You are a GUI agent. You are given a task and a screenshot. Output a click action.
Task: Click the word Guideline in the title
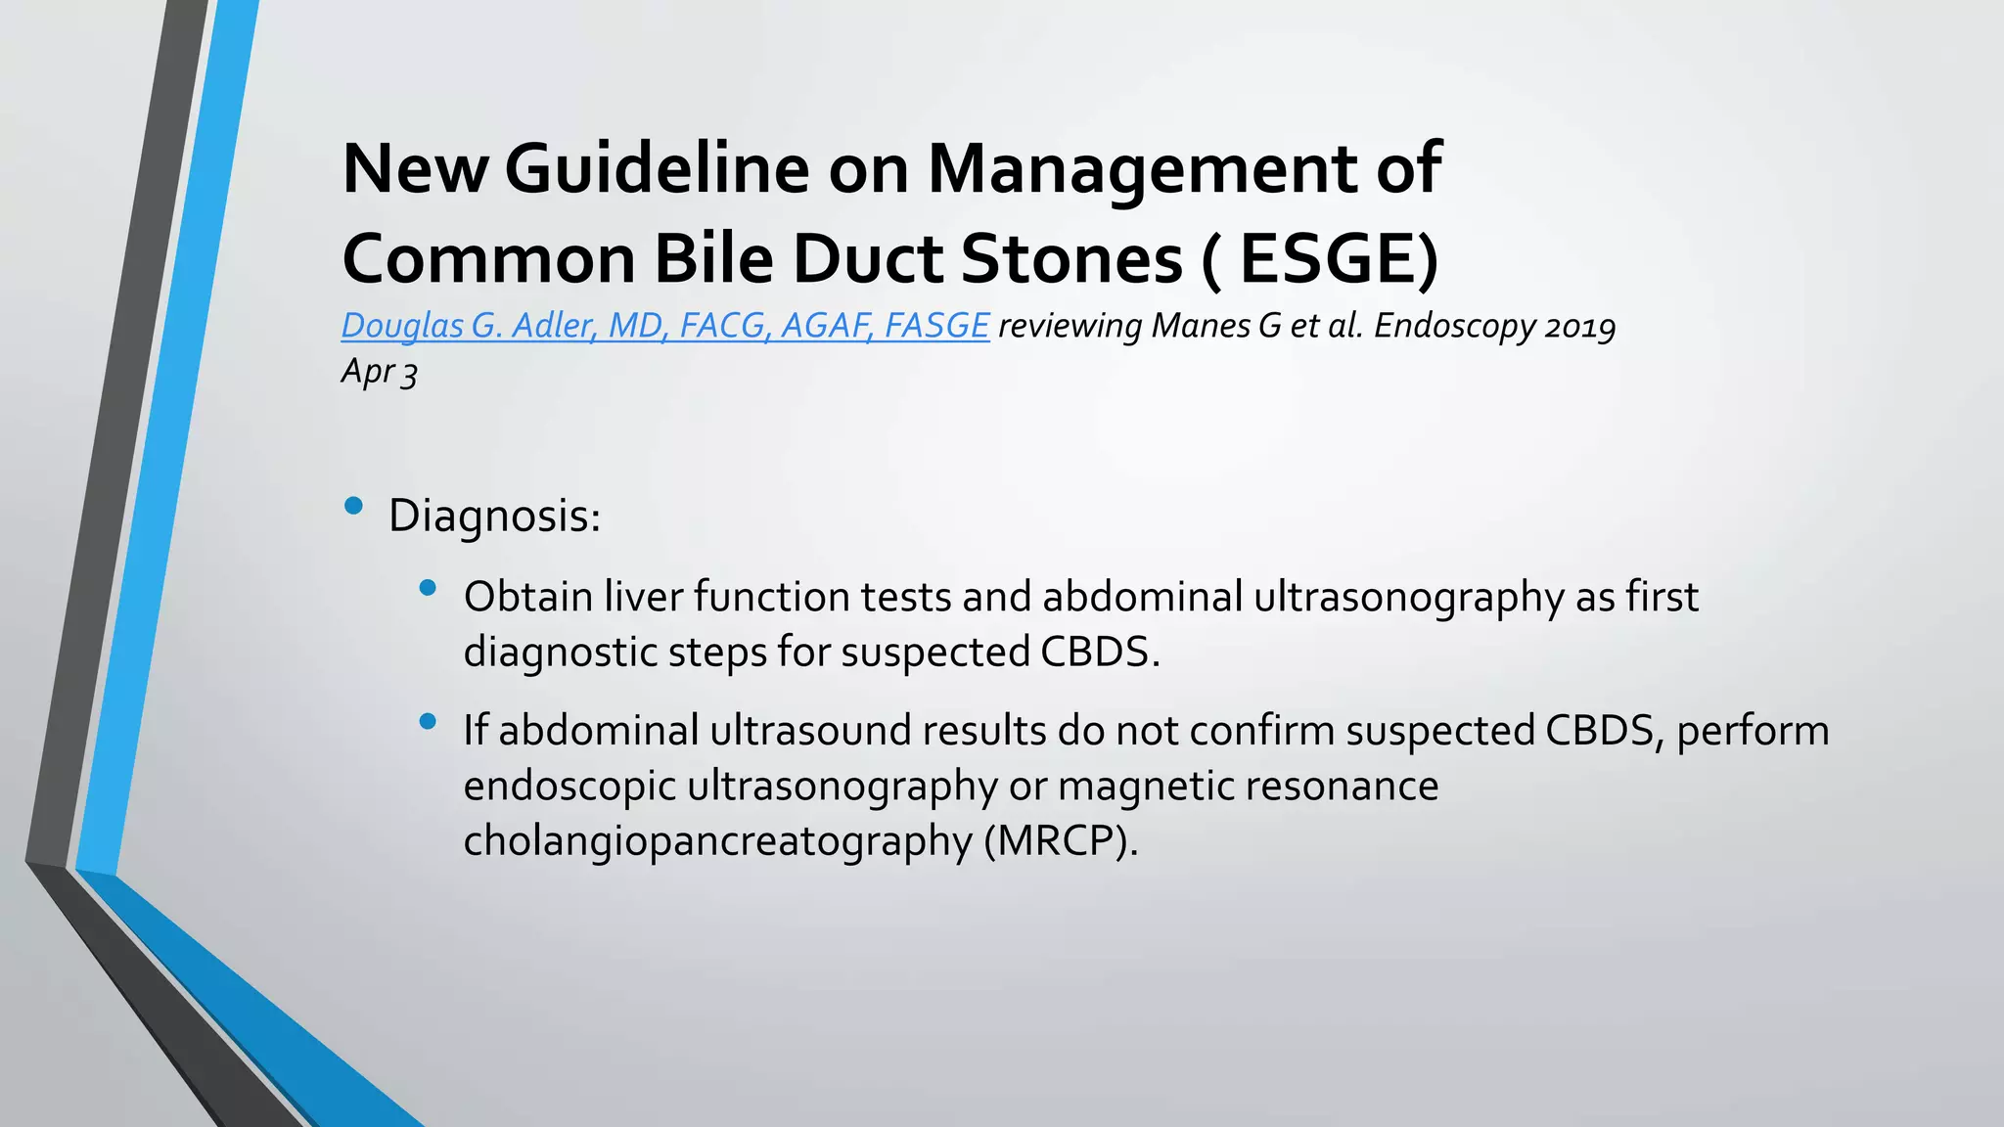[657, 168]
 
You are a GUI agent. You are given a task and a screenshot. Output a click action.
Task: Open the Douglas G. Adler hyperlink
[664, 325]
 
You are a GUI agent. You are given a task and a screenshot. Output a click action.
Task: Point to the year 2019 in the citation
[1579, 325]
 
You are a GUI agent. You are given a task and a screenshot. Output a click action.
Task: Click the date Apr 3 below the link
[380, 372]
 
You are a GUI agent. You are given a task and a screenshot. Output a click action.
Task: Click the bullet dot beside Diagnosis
[353, 506]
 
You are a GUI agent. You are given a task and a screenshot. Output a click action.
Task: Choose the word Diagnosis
[493, 516]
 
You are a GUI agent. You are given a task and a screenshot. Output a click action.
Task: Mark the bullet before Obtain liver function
[427, 588]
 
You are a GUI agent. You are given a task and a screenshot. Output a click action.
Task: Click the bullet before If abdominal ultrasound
[427, 722]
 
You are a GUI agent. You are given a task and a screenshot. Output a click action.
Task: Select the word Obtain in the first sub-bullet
[527, 597]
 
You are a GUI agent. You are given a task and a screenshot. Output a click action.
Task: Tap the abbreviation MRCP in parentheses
[1061, 840]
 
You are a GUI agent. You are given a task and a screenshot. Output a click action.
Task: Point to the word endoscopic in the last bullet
[569, 786]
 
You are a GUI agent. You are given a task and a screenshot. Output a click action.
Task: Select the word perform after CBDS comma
[1752, 731]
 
